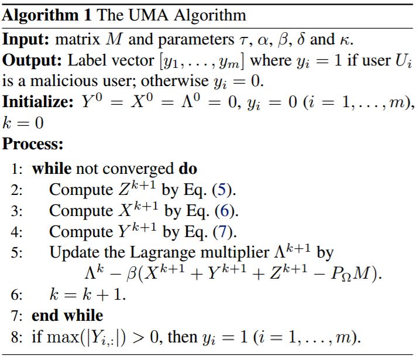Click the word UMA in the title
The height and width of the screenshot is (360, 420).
click(x=149, y=15)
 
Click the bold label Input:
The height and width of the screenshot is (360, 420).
click(x=26, y=39)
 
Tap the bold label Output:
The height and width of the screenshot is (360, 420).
click(x=32, y=60)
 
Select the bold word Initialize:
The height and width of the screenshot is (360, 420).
click(x=38, y=102)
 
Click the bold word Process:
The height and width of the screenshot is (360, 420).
click(x=33, y=144)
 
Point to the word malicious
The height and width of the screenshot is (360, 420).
click(x=65, y=81)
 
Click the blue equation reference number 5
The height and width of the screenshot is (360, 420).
click(x=222, y=190)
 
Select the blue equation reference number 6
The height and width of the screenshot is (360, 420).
click(x=225, y=211)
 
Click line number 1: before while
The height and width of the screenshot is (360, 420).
click(x=16, y=169)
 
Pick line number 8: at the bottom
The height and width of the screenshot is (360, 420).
click(x=16, y=337)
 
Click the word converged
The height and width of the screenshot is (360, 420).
click(x=138, y=170)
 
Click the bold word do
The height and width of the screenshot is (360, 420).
click(x=188, y=169)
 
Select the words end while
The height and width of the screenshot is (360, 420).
click(x=67, y=316)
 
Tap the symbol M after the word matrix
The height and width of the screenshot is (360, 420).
click(x=114, y=40)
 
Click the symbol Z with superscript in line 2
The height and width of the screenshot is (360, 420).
click(x=137, y=188)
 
